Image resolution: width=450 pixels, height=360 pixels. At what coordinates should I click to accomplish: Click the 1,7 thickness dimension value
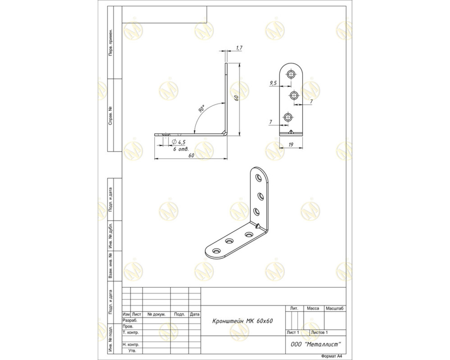tap(239, 48)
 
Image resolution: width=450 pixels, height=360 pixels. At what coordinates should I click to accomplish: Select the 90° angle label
tap(201, 109)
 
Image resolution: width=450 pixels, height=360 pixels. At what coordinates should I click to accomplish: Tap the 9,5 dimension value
tap(273, 83)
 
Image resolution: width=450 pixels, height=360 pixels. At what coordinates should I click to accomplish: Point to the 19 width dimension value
tap(291, 144)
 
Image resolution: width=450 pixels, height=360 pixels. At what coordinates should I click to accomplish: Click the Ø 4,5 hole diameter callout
tap(179, 142)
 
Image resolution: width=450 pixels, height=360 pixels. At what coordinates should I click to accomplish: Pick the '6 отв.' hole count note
tap(181, 149)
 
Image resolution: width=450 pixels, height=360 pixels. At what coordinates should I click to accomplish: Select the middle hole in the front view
tap(294, 96)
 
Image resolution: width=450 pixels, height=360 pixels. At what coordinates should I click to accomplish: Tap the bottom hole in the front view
tap(288, 117)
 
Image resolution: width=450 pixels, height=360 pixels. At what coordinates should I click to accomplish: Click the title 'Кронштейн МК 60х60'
tap(242, 321)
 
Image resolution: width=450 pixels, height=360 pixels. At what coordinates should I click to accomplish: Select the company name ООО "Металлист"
tap(316, 344)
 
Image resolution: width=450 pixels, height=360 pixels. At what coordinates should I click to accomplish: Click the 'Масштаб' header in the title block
tap(335, 308)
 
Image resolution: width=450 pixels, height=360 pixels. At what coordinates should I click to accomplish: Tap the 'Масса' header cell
tap(313, 308)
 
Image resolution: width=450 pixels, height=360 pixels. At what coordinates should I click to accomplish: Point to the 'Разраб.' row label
tap(130, 320)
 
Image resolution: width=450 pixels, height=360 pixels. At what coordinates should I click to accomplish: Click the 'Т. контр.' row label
tap(131, 332)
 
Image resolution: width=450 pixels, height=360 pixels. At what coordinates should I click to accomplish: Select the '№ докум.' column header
tap(156, 314)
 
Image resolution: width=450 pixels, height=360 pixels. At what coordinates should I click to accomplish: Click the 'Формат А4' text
tap(332, 356)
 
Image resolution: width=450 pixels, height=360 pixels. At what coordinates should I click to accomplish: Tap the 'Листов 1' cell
tap(319, 332)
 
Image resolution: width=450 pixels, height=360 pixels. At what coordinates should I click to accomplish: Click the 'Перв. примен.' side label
tap(111, 43)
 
